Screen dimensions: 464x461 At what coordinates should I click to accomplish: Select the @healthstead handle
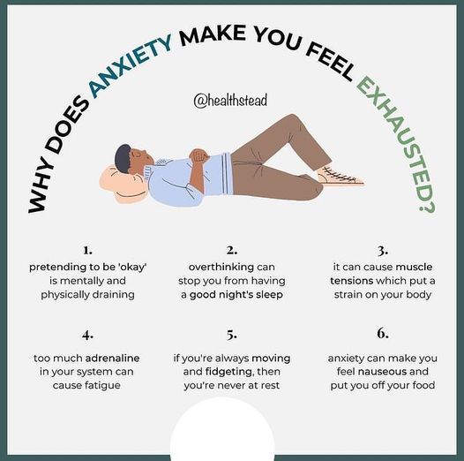(230, 101)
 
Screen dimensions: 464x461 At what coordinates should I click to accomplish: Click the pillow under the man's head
(122, 182)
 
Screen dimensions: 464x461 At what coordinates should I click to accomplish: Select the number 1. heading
(87, 251)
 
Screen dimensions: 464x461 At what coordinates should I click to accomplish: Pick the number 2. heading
(232, 251)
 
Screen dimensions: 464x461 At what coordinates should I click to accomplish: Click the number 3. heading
(383, 251)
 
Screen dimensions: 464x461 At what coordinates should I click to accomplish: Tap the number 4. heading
(88, 335)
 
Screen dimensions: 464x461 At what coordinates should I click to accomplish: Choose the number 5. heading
(232, 335)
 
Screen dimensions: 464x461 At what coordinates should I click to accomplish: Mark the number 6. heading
(383, 334)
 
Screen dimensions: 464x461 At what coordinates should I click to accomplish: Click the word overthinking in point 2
(221, 267)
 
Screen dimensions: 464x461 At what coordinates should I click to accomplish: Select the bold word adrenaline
(112, 358)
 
